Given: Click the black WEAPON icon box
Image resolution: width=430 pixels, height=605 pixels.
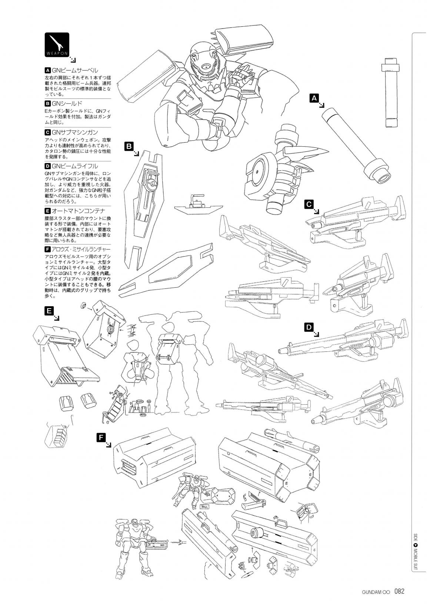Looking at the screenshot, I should [57, 45].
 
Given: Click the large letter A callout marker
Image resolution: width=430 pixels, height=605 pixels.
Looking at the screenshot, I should [314, 98].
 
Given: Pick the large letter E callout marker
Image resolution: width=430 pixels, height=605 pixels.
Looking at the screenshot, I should [49, 311].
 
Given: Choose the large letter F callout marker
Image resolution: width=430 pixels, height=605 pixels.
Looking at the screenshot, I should [101, 438].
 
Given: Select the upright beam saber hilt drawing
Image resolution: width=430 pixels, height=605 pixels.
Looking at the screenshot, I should [391, 93].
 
